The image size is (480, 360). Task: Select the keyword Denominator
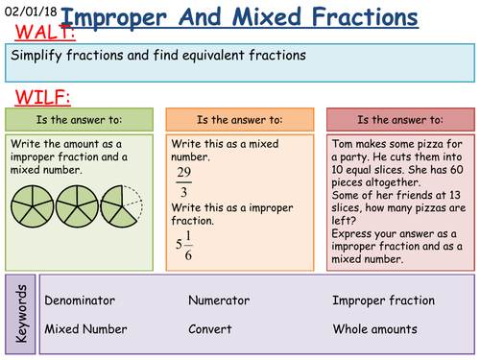tap(84, 300)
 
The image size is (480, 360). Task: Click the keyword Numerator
tap(219, 300)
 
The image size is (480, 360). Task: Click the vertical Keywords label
tap(21, 313)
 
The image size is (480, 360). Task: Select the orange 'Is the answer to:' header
tap(239, 120)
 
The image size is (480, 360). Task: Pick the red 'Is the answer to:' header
tap(399, 120)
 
